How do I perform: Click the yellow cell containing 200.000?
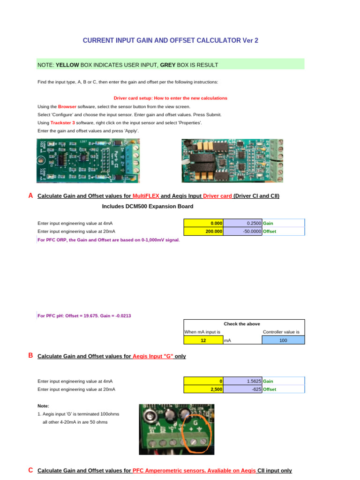click(x=203, y=231)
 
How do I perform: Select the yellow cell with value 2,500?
click(x=203, y=389)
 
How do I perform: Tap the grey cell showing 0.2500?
click(x=243, y=223)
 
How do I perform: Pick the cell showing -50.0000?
click(x=243, y=231)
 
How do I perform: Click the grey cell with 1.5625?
click(x=243, y=381)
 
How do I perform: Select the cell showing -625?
click(x=243, y=389)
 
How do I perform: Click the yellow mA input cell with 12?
click(x=203, y=341)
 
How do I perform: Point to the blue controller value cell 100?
click(x=283, y=341)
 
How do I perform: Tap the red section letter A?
click(x=30, y=196)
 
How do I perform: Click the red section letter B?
click(x=30, y=356)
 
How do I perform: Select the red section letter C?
click(x=30, y=470)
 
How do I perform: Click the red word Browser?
click(x=67, y=107)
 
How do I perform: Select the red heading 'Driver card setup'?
click(x=171, y=98)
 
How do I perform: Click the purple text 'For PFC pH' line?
click(x=84, y=316)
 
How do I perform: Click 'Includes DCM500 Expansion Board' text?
click(x=148, y=206)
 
